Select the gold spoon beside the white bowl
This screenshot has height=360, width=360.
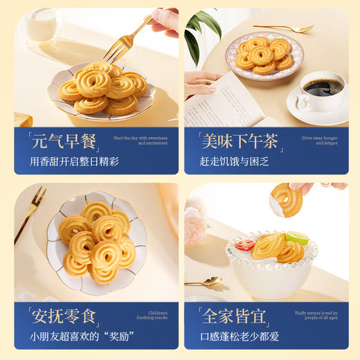(x=202, y=281)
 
